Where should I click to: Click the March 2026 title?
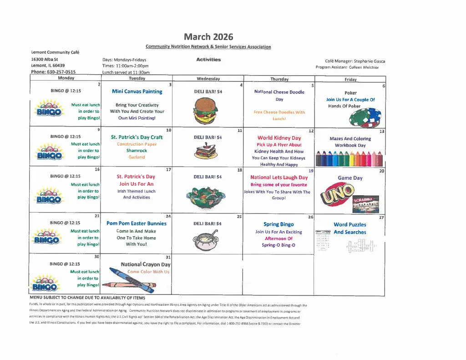pos(208,37)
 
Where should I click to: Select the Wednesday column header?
pos(208,79)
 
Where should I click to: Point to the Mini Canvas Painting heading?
pos(137,91)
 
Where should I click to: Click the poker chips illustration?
pos(365,118)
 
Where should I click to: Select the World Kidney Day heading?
pos(279,138)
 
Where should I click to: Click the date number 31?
pos(168,258)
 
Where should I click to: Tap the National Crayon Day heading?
pos(146,264)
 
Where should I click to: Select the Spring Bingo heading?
pos(279,224)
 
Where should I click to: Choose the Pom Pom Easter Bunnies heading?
pos(137,223)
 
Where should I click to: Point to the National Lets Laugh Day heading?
pos(279,177)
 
